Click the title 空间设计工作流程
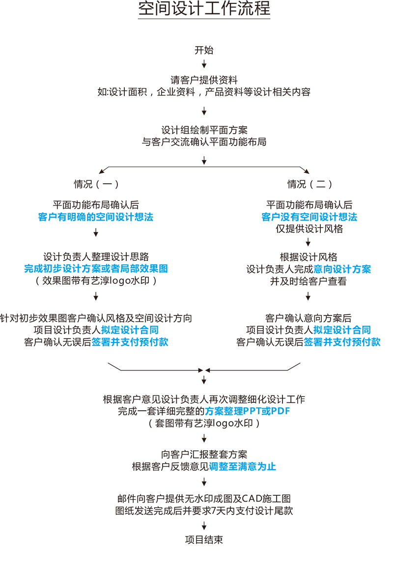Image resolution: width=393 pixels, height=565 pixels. (204, 9)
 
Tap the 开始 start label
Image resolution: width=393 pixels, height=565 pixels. (204, 50)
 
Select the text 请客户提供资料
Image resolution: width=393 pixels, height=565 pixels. (204, 80)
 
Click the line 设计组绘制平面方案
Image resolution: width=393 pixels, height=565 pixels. (204, 130)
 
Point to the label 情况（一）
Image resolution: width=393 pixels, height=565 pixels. (96, 184)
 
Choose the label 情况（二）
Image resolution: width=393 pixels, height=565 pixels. (309, 184)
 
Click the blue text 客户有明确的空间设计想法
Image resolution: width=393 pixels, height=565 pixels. (96, 217)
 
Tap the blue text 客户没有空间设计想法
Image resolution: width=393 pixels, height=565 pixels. (309, 217)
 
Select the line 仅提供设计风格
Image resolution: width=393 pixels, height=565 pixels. (309, 229)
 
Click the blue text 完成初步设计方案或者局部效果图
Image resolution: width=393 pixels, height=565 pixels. (96, 268)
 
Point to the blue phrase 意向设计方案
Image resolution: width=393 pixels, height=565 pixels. (342, 269)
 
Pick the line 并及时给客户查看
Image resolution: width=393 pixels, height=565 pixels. (309, 281)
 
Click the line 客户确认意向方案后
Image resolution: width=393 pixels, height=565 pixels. (309, 318)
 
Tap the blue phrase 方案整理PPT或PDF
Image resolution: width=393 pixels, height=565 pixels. (248, 411)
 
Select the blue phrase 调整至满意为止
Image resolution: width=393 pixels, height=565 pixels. (242, 467)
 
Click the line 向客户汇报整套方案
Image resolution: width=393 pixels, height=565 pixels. (204, 454)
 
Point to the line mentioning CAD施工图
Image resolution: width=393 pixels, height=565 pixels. (204, 499)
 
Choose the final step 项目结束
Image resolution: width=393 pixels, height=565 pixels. (204, 539)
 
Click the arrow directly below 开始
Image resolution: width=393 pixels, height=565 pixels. (204, 64)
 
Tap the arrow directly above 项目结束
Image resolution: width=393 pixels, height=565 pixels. (204, 526)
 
